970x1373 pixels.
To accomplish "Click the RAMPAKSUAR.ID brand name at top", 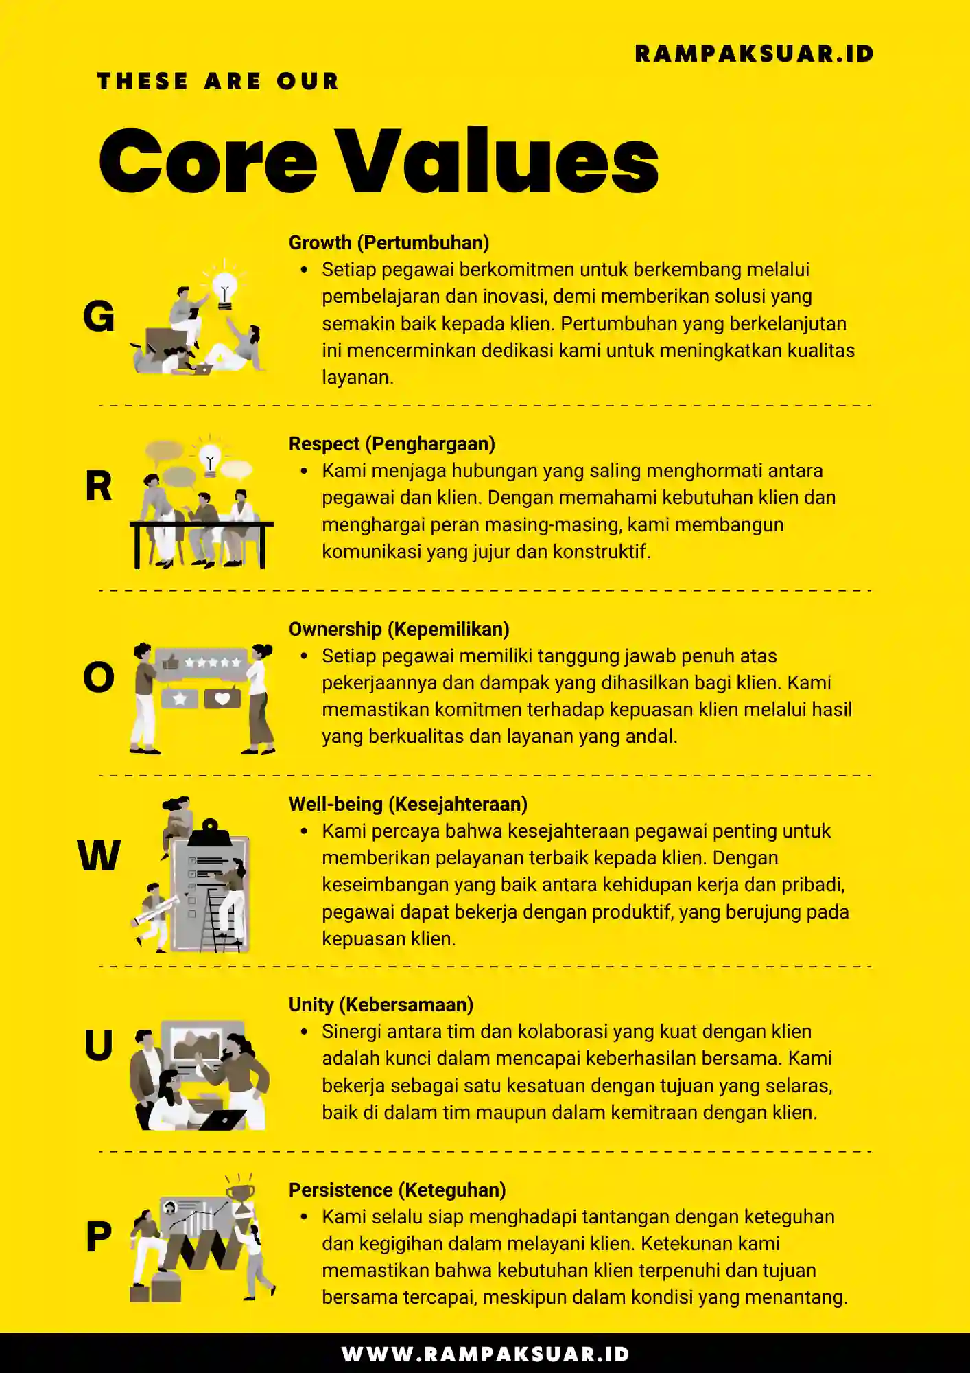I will tap(754, 54).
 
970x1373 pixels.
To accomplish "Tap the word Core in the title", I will tap(207, 161).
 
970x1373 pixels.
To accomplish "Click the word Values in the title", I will tap(499, 161).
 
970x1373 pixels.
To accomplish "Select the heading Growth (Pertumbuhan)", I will tap(388, 242).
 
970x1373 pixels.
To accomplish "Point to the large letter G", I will tap(99, 316).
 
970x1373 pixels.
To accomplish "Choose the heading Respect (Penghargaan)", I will tap(392, 443).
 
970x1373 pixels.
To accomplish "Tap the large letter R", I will tap(99, 486).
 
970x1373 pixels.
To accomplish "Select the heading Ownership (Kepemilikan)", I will tap(399, 629).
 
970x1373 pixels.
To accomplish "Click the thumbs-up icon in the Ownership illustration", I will tap(170, 662).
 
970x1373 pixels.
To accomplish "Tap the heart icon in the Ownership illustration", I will tap(222, 698).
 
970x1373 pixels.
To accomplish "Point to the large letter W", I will tap(99, 856).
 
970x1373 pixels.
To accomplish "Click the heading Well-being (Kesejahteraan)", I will tap(407, 804).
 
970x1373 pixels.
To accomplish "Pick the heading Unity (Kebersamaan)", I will tap(381, 1004).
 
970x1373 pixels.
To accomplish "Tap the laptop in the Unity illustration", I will tap(222, 1120).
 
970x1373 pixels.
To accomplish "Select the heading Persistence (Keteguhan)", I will tap(397, 1190).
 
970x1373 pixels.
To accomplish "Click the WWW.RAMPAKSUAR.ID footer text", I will tap(485, 1354).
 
